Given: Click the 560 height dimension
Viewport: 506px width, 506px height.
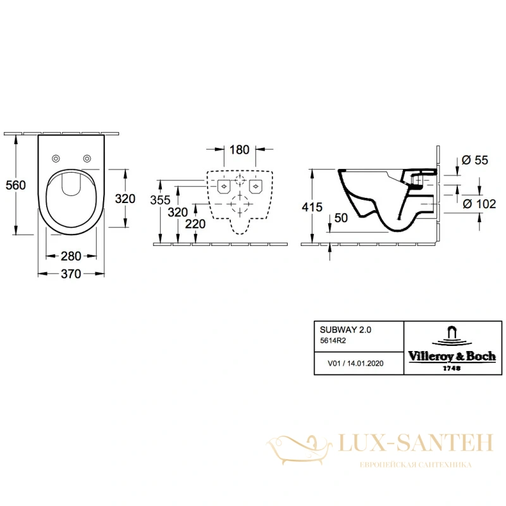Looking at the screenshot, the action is point(15,185).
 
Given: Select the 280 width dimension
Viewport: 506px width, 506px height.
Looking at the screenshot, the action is point(71,256).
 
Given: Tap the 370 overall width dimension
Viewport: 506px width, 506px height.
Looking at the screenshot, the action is point(71,274).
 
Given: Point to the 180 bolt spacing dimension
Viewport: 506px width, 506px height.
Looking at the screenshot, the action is point(240,150).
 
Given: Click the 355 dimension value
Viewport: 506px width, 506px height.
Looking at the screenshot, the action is point(160,200).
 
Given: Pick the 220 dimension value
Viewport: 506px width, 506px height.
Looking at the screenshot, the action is point(195,224).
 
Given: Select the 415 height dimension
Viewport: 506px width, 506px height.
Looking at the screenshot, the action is point(312,207).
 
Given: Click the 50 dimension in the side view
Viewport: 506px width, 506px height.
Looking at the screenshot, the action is point(341,218).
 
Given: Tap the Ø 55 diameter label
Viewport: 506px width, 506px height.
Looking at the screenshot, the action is point(475,160).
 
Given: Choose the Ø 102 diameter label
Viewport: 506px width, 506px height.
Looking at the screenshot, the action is point(479,204).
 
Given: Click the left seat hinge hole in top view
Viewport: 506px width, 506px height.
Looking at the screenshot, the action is point(56,159).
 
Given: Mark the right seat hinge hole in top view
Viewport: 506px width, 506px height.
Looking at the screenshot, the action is point(87,159).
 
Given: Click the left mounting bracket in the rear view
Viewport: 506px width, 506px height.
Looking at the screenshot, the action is point(224,187).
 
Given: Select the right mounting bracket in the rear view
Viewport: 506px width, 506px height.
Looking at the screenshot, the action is point(256,187).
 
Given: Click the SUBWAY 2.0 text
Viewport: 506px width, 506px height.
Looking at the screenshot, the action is point(345,330).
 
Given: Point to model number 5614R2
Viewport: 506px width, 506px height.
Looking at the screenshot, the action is point(333,341).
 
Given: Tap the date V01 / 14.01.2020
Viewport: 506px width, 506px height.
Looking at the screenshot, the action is point(355,363).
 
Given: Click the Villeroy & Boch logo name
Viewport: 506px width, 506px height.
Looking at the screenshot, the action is point(452,357).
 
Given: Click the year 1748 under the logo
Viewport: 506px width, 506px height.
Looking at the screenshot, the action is point(452,368).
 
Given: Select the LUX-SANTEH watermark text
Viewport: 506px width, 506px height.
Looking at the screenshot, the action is point(416,442).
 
